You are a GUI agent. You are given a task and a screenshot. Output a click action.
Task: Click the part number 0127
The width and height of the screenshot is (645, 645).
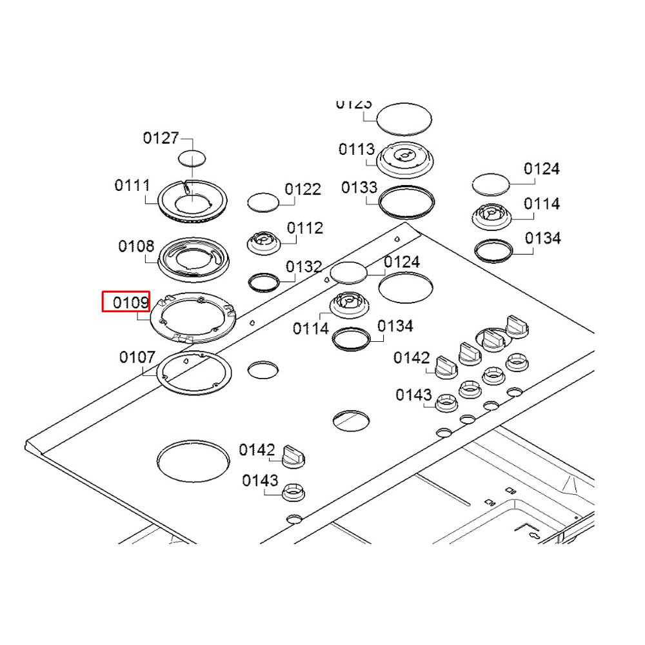tap(161, 138)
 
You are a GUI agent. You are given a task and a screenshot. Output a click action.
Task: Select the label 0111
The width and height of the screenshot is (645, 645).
tap(132, 186)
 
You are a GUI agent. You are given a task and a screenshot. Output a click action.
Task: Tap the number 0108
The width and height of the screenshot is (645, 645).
tap(136, 246)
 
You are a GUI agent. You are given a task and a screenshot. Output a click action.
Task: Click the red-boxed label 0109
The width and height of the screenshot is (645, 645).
tap(126, 302)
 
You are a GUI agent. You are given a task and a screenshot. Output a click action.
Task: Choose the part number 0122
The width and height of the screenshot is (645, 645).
tap(303, 189)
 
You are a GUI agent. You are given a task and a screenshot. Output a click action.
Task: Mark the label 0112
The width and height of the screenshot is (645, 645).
tap(305, 228)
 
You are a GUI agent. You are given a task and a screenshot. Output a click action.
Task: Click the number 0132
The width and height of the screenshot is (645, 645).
tap(304, 266)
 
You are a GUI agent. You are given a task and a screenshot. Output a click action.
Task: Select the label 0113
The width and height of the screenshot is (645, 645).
tap(357, 150)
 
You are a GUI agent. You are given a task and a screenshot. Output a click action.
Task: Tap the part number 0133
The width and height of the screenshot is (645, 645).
tap(359, 188)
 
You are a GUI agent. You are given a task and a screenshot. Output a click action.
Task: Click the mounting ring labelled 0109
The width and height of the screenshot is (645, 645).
tap(192, 317)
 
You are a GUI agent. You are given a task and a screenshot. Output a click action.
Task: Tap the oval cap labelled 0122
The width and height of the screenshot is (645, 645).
tap(263, 201)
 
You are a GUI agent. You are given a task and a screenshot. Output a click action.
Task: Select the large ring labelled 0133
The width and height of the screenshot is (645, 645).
tap(406, 202)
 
